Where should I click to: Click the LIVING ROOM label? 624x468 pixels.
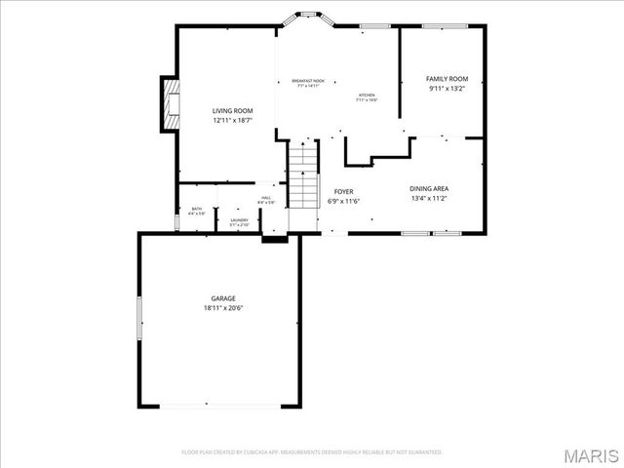tap(233, 112)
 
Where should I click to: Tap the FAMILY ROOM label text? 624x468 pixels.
tap(448, 79)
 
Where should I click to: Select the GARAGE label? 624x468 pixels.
tap(223, 298)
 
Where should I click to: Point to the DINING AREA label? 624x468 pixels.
tap(428, 188)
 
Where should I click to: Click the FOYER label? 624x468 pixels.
tap(343, 192)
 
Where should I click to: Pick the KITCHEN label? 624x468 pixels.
tap(366, 95)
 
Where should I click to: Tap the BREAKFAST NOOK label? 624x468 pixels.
tap(308, 81)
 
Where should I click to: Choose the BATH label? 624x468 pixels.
tap(196, 208)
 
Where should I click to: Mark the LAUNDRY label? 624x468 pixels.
tap(239, 220)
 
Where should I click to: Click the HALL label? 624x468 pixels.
tap(265, 197)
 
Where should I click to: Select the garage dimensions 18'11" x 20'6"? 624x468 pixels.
tap(223, 308)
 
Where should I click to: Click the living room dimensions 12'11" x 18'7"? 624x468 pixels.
tap(233, 122)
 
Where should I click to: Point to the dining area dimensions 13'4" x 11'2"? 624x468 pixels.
tap(428, 198)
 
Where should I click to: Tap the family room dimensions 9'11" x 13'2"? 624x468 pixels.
tap(448, 89)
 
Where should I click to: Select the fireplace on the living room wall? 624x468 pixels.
tap(171, 102)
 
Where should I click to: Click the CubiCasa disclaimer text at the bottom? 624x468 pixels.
tap(312, 452)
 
